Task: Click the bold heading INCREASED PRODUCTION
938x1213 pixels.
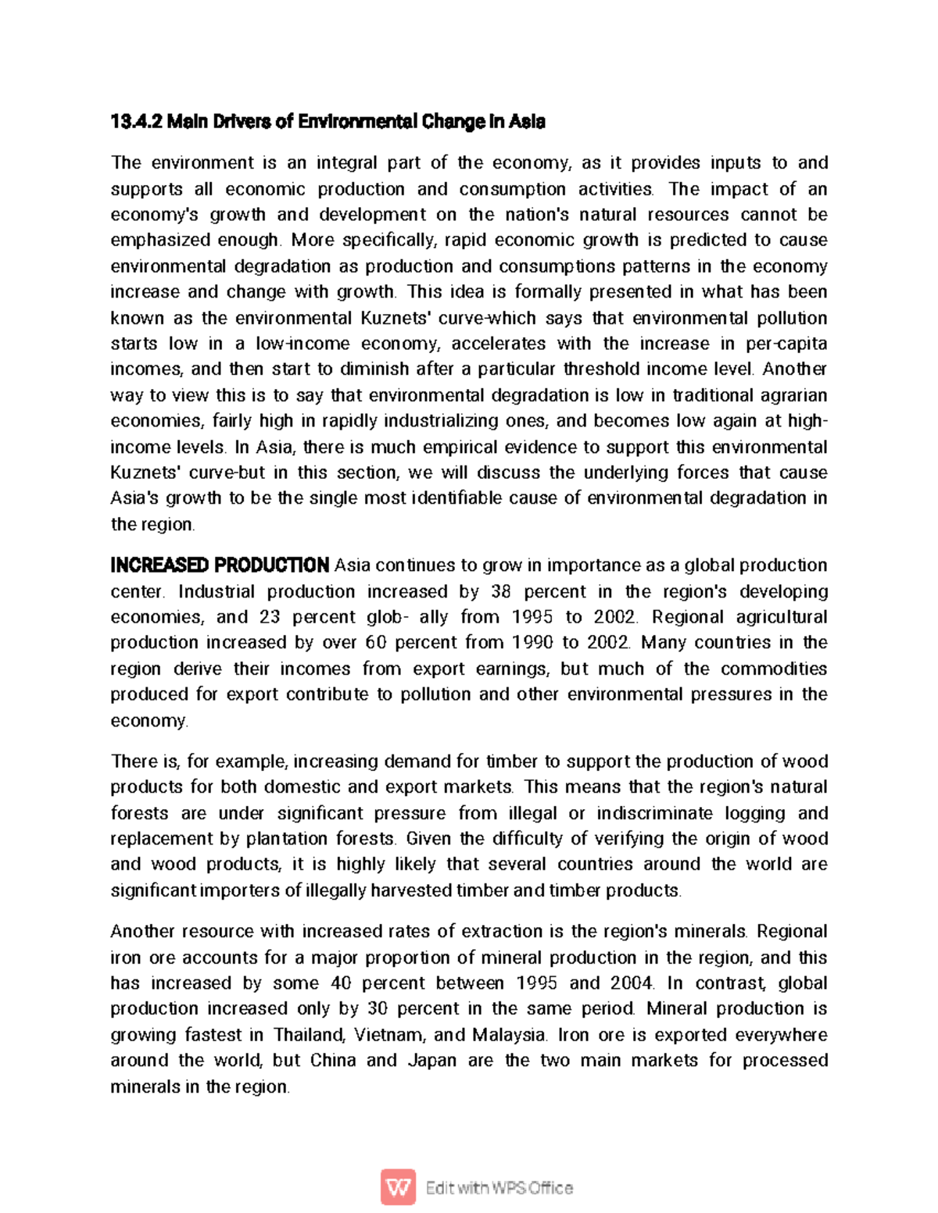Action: click(x=220, y=565)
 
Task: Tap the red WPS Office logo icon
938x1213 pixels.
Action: click(x=398, y=1187)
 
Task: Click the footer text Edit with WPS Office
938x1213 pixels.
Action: click(x=499, y=1188)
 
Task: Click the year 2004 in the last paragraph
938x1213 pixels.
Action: click(x=631, y=983)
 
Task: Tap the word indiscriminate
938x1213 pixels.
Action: click(x=655, y=813)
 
